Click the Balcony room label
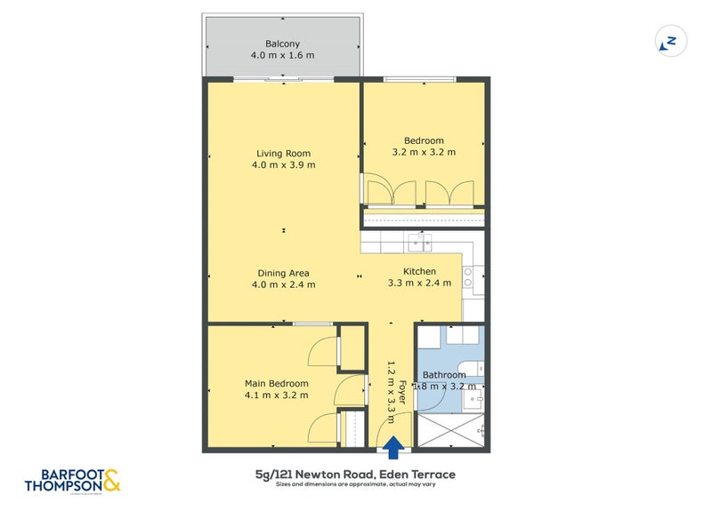click(282, 44)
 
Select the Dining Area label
click(283, 273)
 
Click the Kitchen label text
click(419, 271)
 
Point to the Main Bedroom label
click(277, 384)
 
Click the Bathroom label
click(444, 375)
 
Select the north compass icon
click(668, 42)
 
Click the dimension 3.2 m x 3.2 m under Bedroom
click(424, 152)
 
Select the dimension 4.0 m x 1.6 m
click(282, 55)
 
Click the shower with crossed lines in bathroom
click(449, 431)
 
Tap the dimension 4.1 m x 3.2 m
click(277, 395)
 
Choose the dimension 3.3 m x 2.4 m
click(419, 283)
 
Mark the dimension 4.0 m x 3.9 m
click(283, 165)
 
